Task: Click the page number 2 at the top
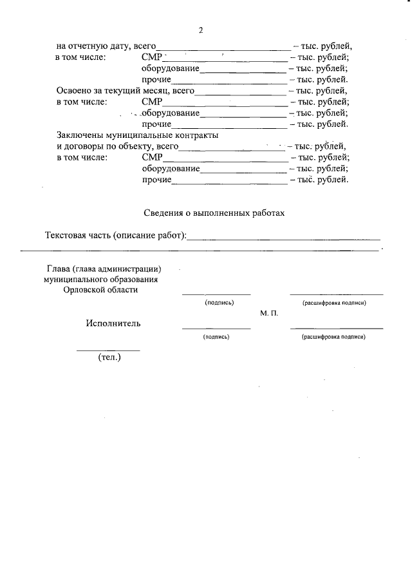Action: [201, 30]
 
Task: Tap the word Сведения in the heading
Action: [163, 212]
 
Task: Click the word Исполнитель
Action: [113, 323]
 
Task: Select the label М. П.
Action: [269, 313]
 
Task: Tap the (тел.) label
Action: [109, 357]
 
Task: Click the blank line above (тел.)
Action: [108, 350]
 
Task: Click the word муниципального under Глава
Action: [73, 280]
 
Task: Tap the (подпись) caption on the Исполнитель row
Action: [216, 337]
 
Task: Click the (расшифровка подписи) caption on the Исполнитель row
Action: [333, 337]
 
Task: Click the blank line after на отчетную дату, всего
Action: [223, 48]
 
